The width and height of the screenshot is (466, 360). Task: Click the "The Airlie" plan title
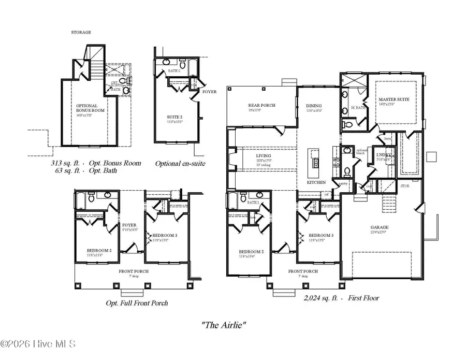tap(223, 325)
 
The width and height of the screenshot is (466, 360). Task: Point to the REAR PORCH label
tap(262, 105)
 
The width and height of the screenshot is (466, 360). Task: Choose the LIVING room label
tap(264, 155)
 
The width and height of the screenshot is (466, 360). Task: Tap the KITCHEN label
tap(317, 182)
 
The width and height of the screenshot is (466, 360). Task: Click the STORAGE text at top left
tap(81, 32)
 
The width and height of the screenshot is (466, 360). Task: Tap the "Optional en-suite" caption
tap(180, 163)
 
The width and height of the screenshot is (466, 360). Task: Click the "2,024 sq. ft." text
tap(321, 298)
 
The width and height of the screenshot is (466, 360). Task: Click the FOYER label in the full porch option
tap(129, 225)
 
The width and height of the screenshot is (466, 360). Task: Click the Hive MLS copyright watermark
tap(39, 343)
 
